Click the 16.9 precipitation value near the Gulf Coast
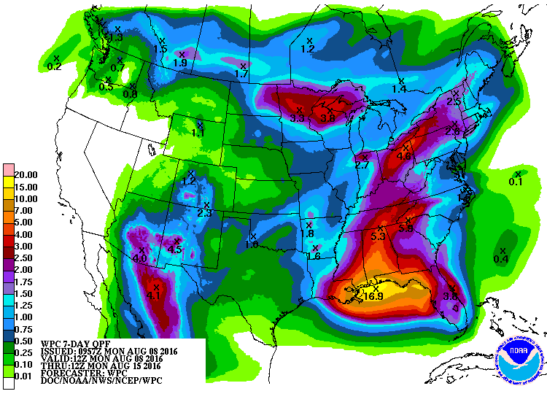tap(373, 295)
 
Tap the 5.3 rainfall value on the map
tap(378, 237)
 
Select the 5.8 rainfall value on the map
tap(406, 228)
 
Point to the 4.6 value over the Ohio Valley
tap(404, 155)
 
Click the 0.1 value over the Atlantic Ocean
tap(516, 182)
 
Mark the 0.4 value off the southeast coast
tap(501, 259)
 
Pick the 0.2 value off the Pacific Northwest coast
tap(54, 66)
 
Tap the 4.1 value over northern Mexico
tap(153, 295)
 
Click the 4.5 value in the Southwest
tap(174, 250)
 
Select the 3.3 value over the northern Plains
tap(297, 117)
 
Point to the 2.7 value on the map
tap(362, 166)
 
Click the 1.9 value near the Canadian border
tap(180, 63)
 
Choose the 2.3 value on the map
tap(204, 213)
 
